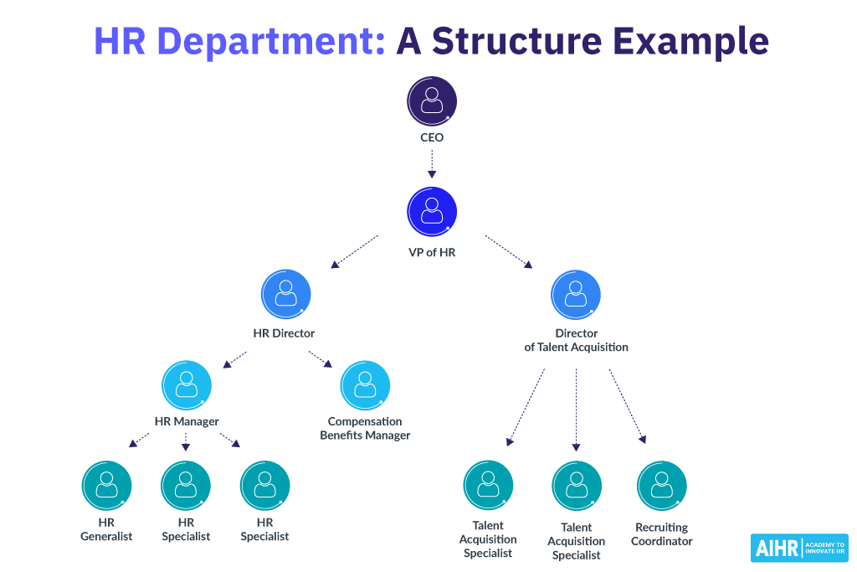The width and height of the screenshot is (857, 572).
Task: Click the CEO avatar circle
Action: click(432, 101)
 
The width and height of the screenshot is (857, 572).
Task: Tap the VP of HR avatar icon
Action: click(432, 211)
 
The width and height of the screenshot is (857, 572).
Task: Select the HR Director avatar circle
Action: click(286, 294)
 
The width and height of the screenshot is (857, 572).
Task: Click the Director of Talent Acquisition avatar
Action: click(576, 294)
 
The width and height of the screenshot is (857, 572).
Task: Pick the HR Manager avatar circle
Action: click(186, 384)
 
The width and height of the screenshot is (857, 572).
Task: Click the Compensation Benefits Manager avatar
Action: click(365, 384)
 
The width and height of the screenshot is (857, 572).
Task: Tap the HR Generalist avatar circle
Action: click(106, 485)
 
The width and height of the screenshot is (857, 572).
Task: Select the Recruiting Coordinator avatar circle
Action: click(662, 485)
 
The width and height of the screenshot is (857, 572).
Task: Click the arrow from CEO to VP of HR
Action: click(432, 164)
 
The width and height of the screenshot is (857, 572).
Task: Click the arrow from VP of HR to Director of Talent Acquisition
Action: click(509, 251)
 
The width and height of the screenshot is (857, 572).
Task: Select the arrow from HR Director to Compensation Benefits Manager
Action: click(321, 358)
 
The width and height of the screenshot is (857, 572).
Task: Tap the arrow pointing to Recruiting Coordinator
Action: click(627, 405)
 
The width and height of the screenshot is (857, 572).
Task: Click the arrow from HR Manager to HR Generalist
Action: click(140, 440)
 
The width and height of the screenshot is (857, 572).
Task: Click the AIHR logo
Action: click(799, 549)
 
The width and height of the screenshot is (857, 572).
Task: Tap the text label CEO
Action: click(432, 137)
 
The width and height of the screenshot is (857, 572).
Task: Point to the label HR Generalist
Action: click(106, 529)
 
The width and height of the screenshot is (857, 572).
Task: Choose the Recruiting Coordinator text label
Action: click(662, 534)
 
